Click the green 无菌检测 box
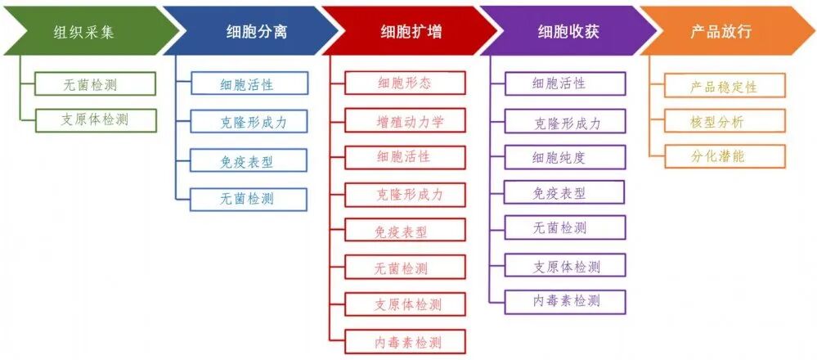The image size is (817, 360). pyautogui.click(x=96, y=83)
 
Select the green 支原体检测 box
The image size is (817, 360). pyautogui.click(x=96, y=119)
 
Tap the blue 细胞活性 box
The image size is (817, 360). pyautogui.click(x=249, y=83)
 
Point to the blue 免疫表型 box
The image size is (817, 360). pyautogui.click(x=249, y=161)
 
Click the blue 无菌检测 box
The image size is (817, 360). pyautogui.click(x=249, y=199)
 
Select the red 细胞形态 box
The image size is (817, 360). pyautogui.click(x=405, y=83)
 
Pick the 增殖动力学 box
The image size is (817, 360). pyautogui.click(x=405, y=120)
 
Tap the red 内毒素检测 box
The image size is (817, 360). pyautogui.click(x=405, y=341)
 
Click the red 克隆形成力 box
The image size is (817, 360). pyautogui.click(x=405, y=195)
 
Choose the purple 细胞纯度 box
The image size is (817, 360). pyautogui.click(x=564, y=157)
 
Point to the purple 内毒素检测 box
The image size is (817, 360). pyautogui.click(x=564, y=301)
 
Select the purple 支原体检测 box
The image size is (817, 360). pyautogui.click(x=564, y=266)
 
